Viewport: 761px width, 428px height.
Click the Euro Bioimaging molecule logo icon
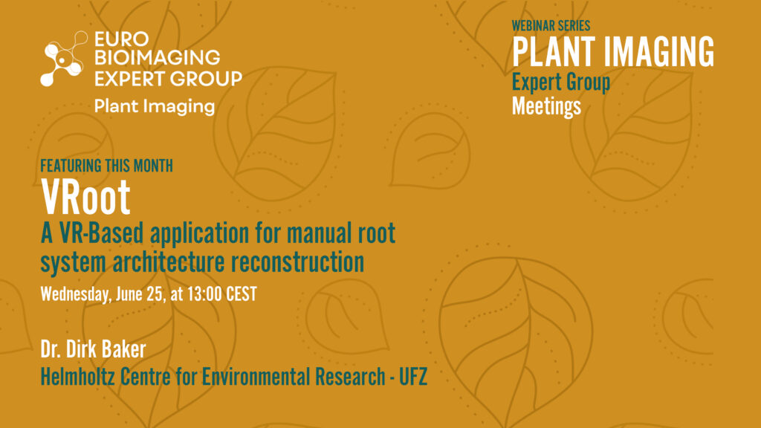64,59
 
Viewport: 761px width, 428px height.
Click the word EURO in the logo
121,39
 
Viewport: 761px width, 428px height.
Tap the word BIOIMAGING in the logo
158,58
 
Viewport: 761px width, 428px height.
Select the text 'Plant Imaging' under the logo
155,106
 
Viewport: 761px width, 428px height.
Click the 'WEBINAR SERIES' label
551,26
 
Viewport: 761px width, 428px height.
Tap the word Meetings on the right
546,106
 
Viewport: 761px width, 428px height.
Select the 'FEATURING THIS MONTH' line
107,166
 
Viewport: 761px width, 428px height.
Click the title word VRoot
85,196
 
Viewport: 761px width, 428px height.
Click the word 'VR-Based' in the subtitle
101,233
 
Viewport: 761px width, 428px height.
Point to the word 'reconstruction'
297,262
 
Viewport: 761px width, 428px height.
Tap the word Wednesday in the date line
75,294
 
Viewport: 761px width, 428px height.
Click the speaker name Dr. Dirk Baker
93,349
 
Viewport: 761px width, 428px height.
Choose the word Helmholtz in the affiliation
77,377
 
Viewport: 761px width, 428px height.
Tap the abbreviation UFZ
413,377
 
